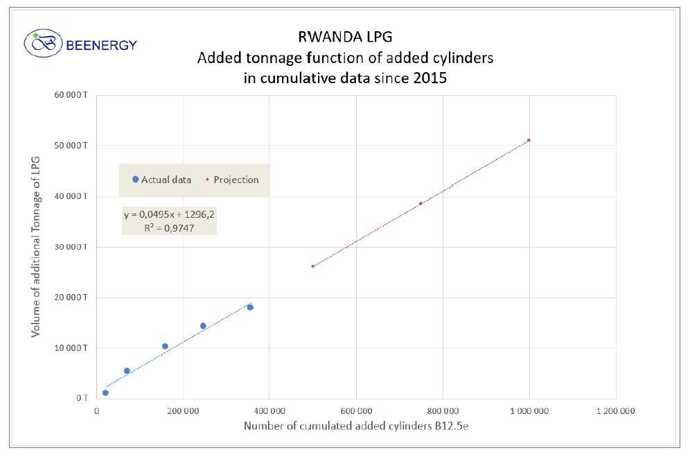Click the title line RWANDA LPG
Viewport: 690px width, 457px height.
coord(345,37)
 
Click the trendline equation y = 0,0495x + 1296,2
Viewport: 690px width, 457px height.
coord(169,214)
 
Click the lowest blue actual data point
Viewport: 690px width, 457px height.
coord(105,393)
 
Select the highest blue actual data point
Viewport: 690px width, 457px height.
coord(250,307)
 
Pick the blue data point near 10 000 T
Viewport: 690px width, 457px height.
coord(165,346)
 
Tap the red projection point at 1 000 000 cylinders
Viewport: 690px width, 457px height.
coord(529,140)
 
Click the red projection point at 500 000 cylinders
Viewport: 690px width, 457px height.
coord(313,266)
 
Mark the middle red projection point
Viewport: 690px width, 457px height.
coord(421,203)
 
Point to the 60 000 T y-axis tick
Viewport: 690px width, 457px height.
coord(72,95)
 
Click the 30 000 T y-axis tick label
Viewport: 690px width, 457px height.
coord(72,247)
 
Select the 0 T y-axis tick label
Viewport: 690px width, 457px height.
coord(82,397)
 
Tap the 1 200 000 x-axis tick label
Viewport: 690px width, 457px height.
coord(615,411)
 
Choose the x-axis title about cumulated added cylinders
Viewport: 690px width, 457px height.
coord(355,426)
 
